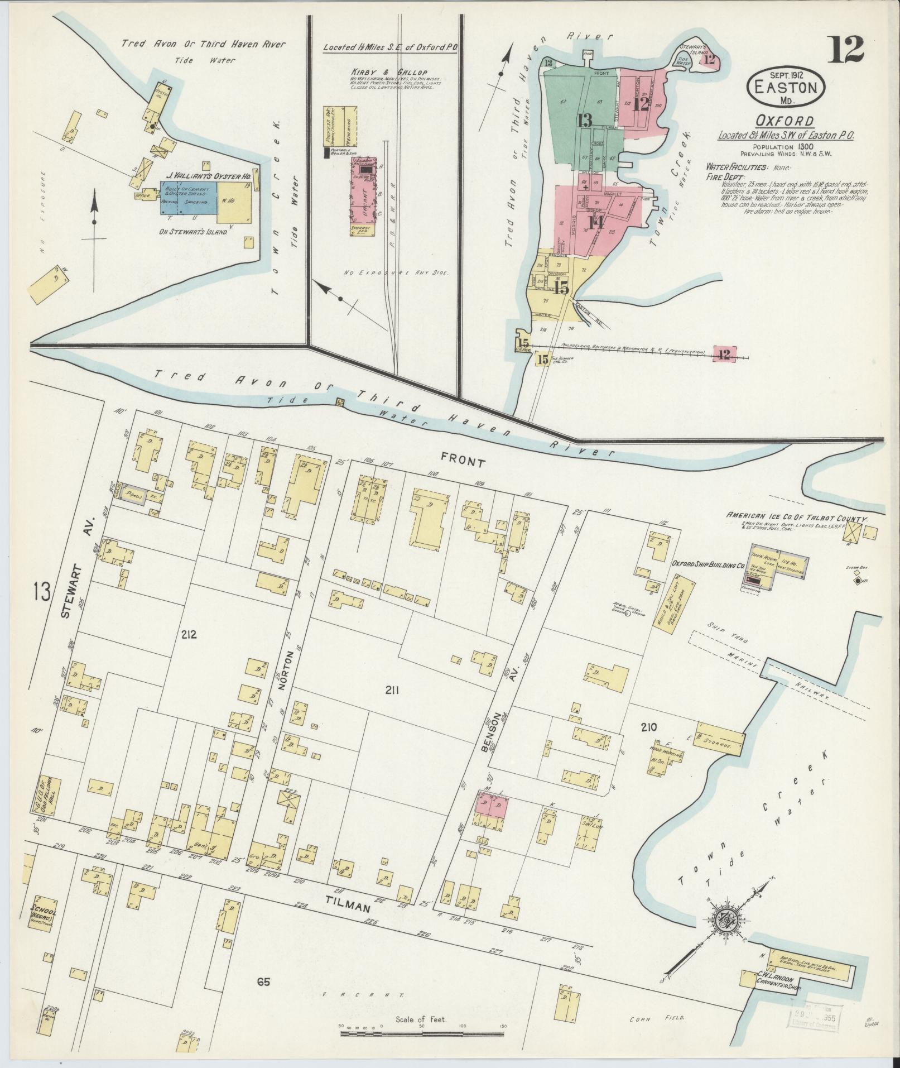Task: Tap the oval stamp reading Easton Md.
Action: (x=786, y=88)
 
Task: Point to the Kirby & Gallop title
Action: (x=382, y=73)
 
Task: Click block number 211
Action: (x=392, y=691)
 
